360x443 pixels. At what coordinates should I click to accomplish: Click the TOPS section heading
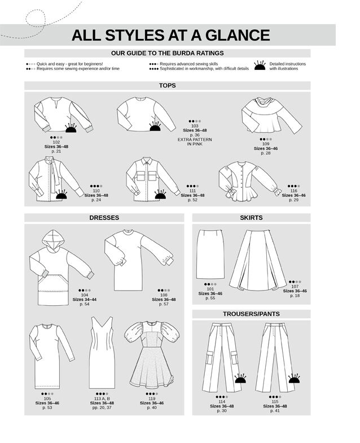point(167,86)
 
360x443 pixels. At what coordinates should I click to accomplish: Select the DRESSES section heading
point(103,217)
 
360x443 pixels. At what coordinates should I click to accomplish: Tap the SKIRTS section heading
point(251,217)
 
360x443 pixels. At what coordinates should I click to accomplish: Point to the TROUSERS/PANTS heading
point(251,313)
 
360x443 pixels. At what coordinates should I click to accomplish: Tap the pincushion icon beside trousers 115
point(293,377)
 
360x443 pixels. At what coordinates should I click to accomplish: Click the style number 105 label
point(47,398)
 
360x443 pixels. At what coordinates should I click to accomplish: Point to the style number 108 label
point(164,295)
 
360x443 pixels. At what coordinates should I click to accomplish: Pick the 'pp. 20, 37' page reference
point(102,407)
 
